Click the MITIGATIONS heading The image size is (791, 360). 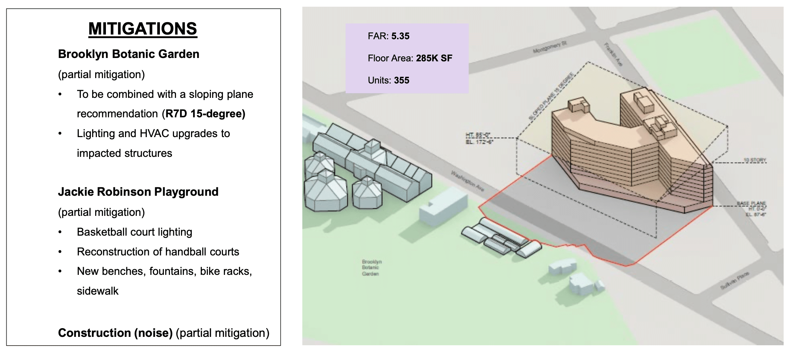[x=143, y=29]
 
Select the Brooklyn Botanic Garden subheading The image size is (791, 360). [x=128, y=54]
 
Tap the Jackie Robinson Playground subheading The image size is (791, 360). [x=138, y=192]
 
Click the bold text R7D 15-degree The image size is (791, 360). [x=205, y=114]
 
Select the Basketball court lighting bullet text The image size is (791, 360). [x=134, y=232]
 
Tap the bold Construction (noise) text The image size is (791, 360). [x=115, y=333]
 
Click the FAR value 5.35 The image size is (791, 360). [x=400, y=36]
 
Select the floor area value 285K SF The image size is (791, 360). [x=434, y=58]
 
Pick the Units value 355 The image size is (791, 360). [x=402, y=80]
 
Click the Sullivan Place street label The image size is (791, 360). [x=735, y=281]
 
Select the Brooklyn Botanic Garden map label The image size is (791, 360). [x=371, y=267]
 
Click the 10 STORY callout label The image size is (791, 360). [x=755, y=160]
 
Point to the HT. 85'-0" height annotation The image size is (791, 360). [x=478, y=135]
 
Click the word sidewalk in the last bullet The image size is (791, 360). [x=98, y=291]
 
